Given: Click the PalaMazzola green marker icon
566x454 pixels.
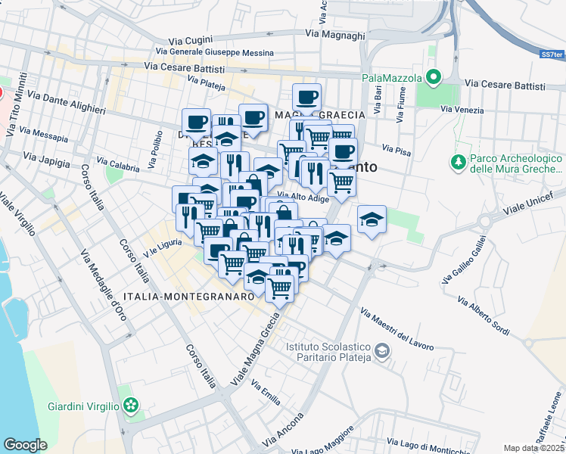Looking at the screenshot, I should pyautogui.click(x=434, y=76).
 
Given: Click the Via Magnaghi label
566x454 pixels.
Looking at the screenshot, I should pyautogui.click(x=334, y=34).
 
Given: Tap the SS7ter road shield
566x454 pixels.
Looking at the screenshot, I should pyautogui.click(x=552, y=55).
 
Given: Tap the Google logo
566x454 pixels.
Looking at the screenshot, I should pyautogui.click(x=25, y=445).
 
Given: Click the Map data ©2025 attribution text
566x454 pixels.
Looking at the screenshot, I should pyautogui.click(x=534, y=448).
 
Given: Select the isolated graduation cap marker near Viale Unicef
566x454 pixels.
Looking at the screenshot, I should pyautogui.click(x=372, y=220).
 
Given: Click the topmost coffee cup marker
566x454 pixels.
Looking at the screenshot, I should pyautogui.click(x=306, y=98).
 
